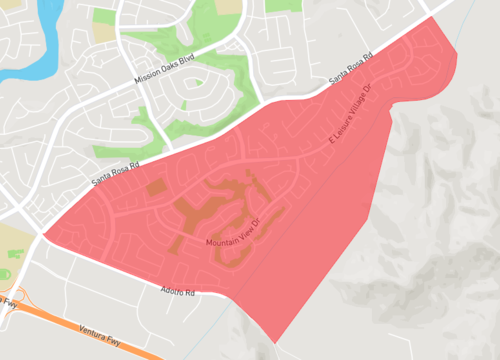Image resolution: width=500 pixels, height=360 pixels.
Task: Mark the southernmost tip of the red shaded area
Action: [273, 343]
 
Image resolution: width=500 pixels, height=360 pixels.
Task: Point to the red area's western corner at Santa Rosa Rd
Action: [45, 235]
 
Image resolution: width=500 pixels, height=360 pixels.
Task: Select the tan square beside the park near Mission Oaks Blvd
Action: [104, 32]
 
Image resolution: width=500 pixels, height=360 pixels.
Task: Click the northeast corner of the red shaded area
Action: [433, 17]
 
